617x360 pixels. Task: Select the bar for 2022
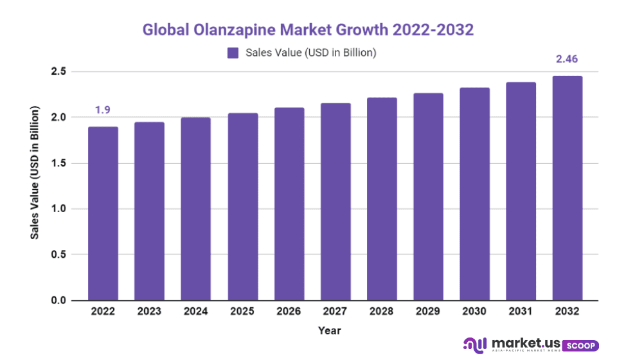pyautogui.click(x=103, y=213)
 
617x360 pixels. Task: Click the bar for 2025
pyautogui.click(x=242, y=207)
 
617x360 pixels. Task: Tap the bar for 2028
pyautogui.click(x=382, y=199)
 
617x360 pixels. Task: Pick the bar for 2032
pyautogui.click(x=568, y=188)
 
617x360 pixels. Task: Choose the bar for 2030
pyautogui.click(x=475, y=194)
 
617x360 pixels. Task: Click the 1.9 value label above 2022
pyautogui.click(x=103, y=110)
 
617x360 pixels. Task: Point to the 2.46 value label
pyautogui.click(x=568, y=59)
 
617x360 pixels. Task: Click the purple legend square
pyautogui.click(x=233, y=53)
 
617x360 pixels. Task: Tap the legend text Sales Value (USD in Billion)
pyautogui.click(x=310, y=53)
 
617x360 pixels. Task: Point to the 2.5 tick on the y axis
pyautogui.click(x=58, y=71)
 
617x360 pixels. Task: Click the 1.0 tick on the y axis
pyautogui.click(x=58, y=209)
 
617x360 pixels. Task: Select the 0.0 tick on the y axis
pyautogui.click(x=58, y=301)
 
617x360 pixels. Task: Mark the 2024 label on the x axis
pyautogui.click(x=195, y=311)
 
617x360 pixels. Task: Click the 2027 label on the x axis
pyautogui.click(x=335, y=311)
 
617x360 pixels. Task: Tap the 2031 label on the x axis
pyautogui.click(x=521, y=311)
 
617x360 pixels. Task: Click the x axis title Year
pyautogui.click(x=329, y=330)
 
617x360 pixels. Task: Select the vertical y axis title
pyautogui.click(x=35, y=175)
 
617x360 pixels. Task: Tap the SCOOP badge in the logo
pyautogui.click(x=581, y=345)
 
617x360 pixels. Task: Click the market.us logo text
pyautogui.click(x=523, y=343)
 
